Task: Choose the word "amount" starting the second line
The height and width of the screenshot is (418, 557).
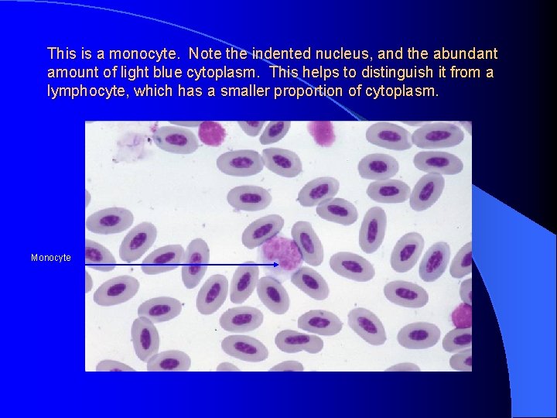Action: click(x=70, y=73)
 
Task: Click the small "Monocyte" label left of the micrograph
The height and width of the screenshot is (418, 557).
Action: click(x=51, y=258)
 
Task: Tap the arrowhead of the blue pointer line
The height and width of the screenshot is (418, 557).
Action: click(x=277, y=265)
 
